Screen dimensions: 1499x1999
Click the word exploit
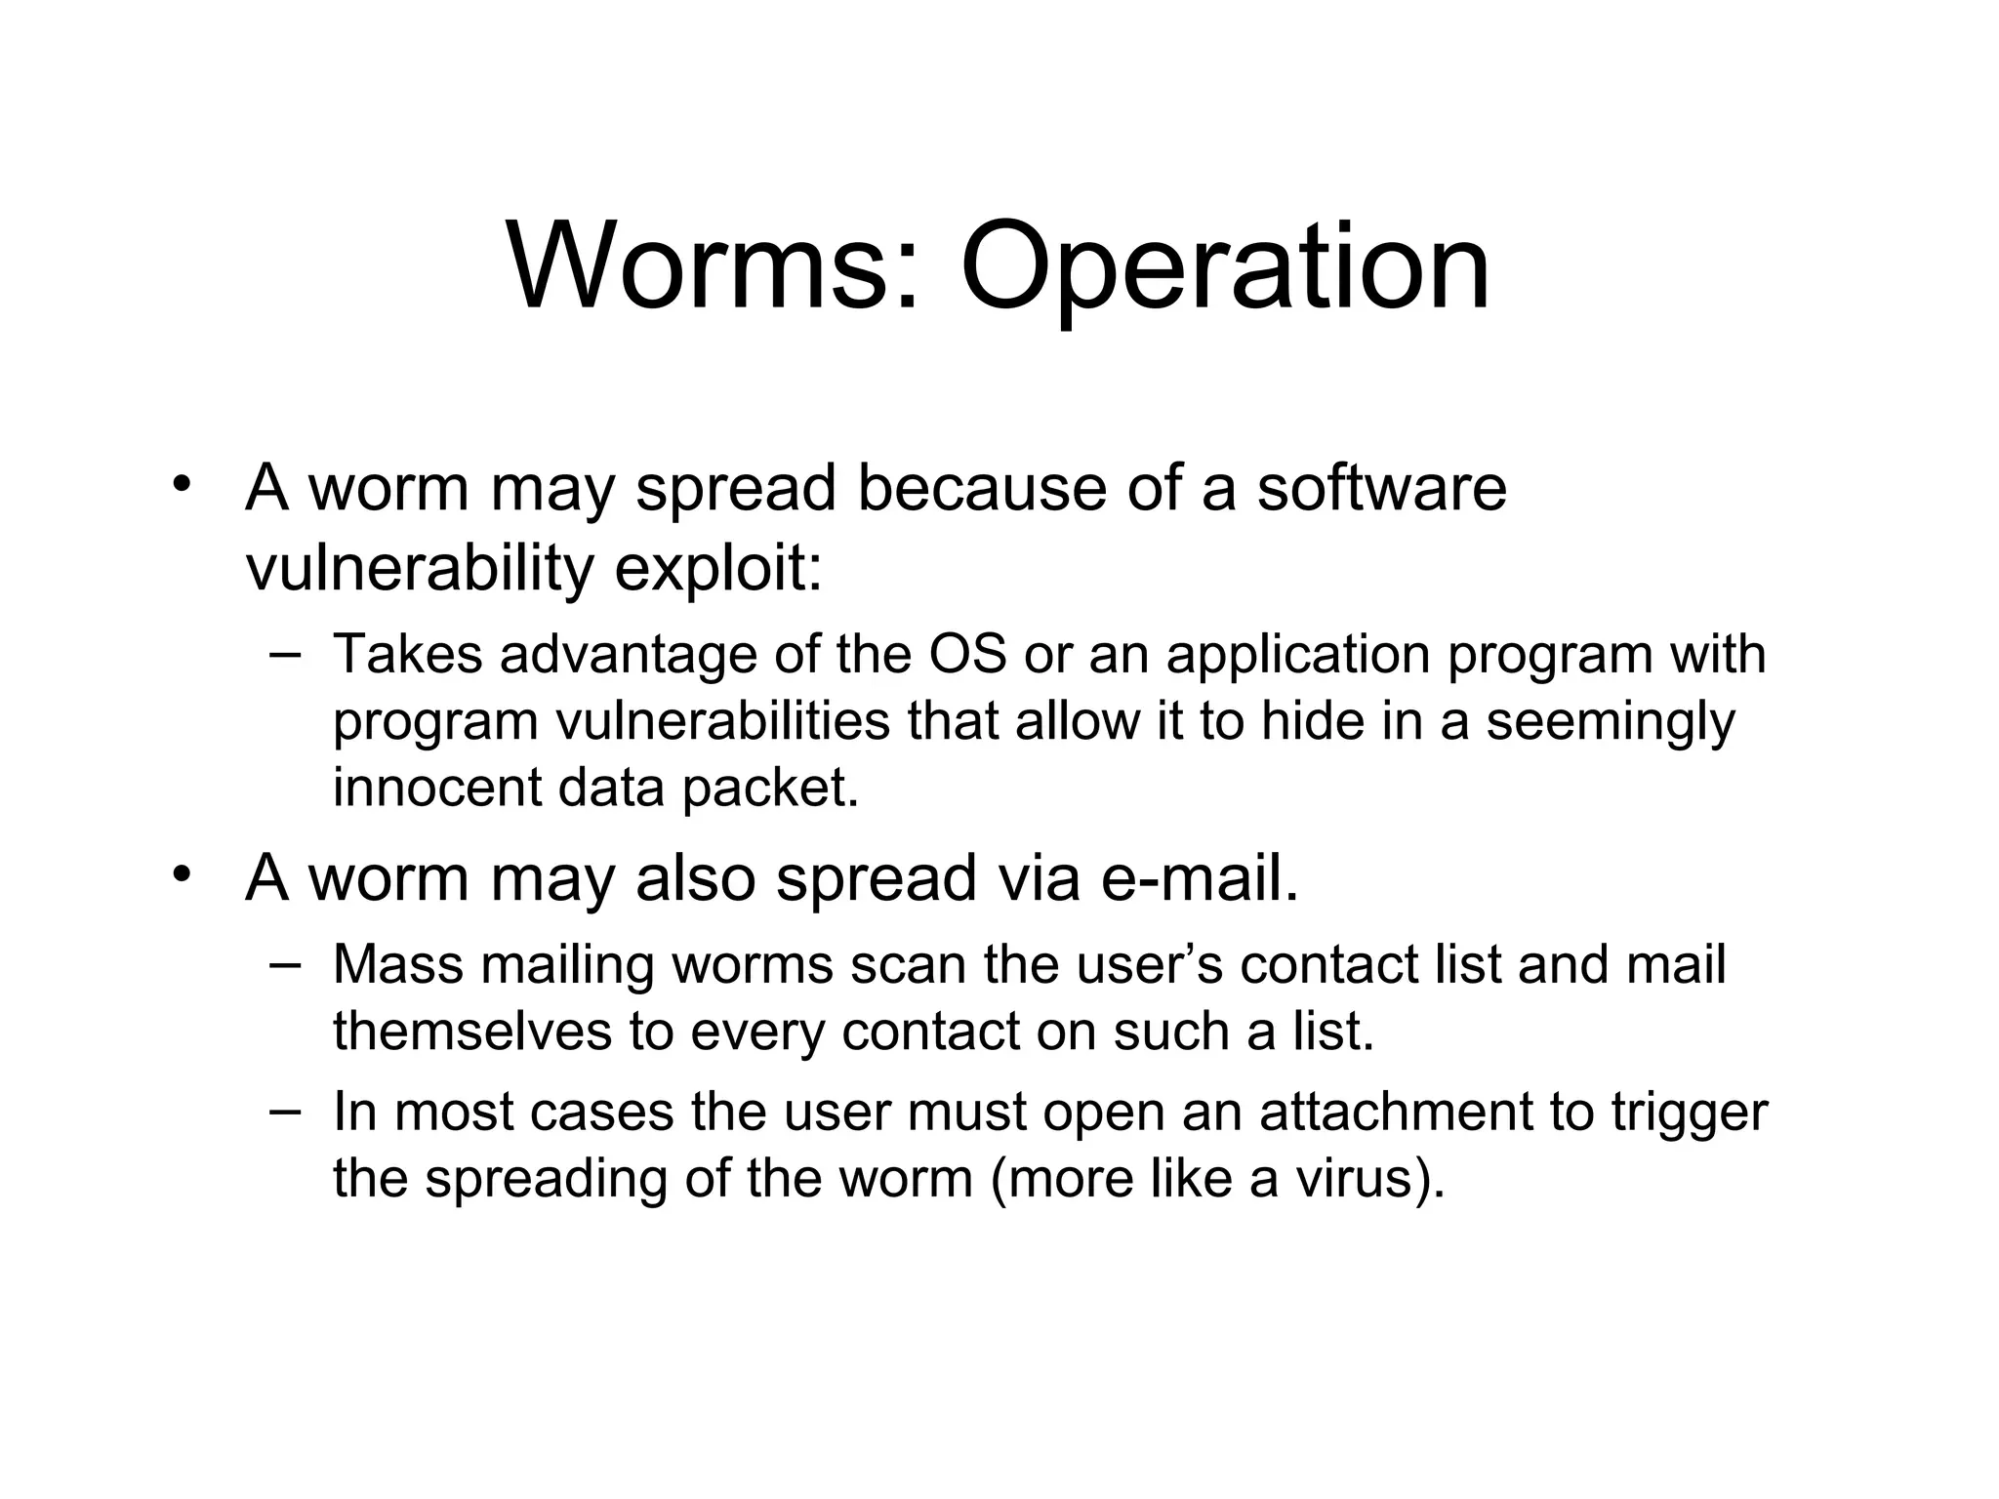click(716, 568)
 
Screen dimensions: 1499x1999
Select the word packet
click(770, 787)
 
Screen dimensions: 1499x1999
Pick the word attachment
click(1396, 1112)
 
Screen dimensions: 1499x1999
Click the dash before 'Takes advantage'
click(283, 652)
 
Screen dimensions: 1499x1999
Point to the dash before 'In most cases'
click(283, 1110)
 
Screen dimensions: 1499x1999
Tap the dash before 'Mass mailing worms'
click(283, 962)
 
